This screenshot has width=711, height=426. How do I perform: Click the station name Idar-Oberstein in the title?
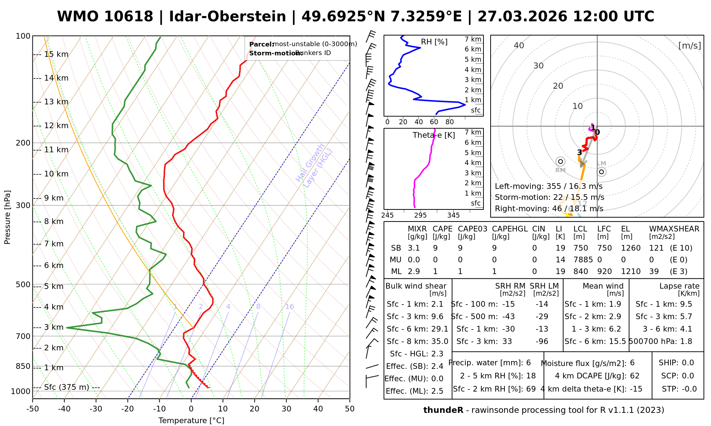tap(228, 17)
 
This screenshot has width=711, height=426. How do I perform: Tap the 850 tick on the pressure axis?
tap(23, 366)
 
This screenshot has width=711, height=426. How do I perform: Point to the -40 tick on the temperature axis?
tap(64, 409)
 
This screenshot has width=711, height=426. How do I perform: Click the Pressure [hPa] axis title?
tap(7, 217)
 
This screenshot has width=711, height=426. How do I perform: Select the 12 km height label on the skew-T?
tap(56, 126)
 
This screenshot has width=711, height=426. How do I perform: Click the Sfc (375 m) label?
tap(66, 387)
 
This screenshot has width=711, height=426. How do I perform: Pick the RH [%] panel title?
tap(434, 42)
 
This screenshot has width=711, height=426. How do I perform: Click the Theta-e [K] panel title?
tap(434, 135)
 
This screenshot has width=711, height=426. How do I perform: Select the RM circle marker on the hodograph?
tap(561, 162)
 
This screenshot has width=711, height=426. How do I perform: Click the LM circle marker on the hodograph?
tap(601, 172)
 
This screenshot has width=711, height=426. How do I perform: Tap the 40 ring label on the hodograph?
tap(519, 45)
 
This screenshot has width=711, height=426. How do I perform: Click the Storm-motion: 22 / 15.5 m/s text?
tap(549, 197)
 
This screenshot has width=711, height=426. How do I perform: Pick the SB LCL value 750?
tap(581, 248)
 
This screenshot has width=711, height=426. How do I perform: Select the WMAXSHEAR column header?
tap(674, 229)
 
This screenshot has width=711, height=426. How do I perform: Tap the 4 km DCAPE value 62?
tap(634, 376)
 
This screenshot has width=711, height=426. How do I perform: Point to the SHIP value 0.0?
tap(688, 363)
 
